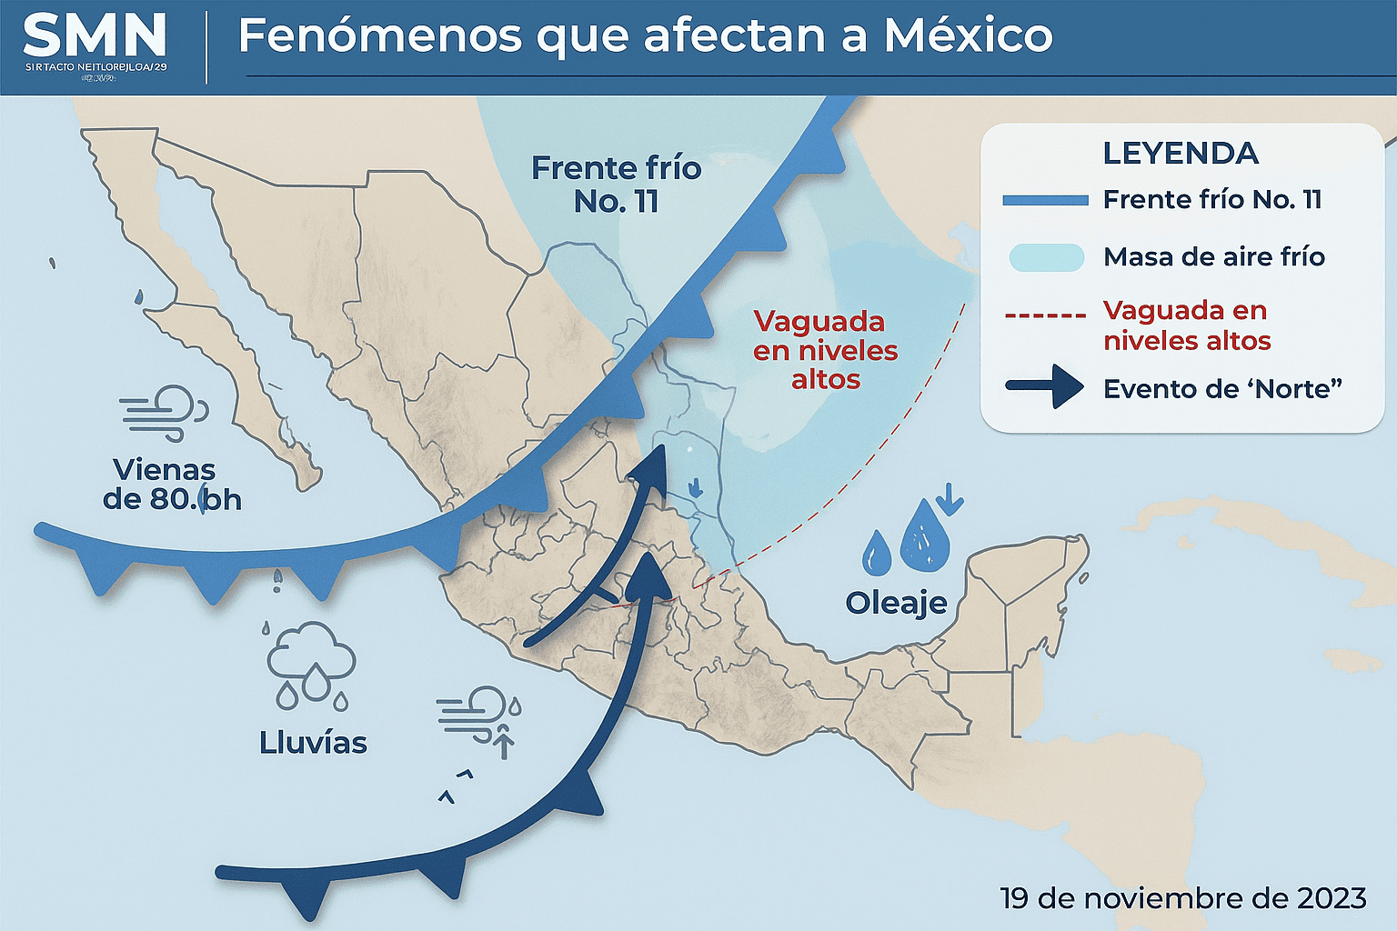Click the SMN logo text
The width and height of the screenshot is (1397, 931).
tap(95, 37)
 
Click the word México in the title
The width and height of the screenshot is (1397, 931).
tap(968, 36)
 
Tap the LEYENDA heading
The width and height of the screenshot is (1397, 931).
tap(1180, 154)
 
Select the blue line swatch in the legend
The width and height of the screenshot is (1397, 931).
tap(1045, 200)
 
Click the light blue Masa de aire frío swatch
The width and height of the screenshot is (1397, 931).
tap(1046, 257)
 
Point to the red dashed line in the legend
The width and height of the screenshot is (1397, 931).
tap(1045, 316)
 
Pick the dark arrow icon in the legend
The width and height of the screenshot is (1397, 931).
tap(1045, 386)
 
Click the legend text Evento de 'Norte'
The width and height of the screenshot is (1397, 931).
tap(1222, 389)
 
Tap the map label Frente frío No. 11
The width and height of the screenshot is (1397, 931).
tap(616, 185)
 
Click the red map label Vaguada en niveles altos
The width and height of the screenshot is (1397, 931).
tap(825, 350)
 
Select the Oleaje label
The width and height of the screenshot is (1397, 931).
tap(896, 602)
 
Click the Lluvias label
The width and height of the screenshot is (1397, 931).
tap(313, 743)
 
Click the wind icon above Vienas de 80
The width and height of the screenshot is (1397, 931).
tap(165, 412)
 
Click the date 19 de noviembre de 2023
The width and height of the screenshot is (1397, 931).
tap(1182, 898)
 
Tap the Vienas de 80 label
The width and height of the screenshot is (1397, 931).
tap(171, 485)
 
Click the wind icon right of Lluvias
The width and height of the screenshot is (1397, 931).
tap(475, 714)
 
